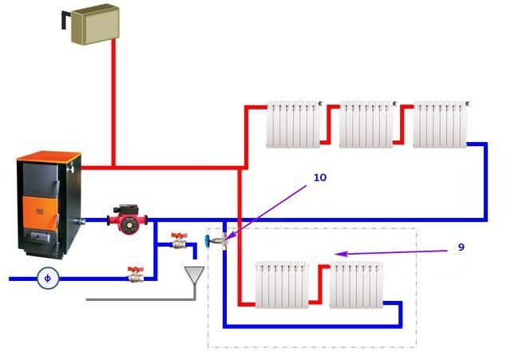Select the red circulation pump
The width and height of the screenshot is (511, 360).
[x=125, y=215]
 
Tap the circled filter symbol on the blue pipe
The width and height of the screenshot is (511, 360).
[x=46, y=278]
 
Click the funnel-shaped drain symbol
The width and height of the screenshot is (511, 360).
[x=193, y=276]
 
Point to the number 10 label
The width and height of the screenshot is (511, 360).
[x=319, y=177]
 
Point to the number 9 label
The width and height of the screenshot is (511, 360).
[x=460, y=247]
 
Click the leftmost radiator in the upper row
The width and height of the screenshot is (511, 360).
[x=294, y=124]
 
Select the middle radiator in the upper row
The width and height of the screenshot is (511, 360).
[x=366, y=124]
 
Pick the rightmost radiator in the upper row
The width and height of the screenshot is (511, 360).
[x=440, y=124]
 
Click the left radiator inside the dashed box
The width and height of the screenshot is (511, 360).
[x=282, y=283]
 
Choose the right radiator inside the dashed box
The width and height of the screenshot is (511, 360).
[x=357, y=283]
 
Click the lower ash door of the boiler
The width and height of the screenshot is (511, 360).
[x=40, y=237]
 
